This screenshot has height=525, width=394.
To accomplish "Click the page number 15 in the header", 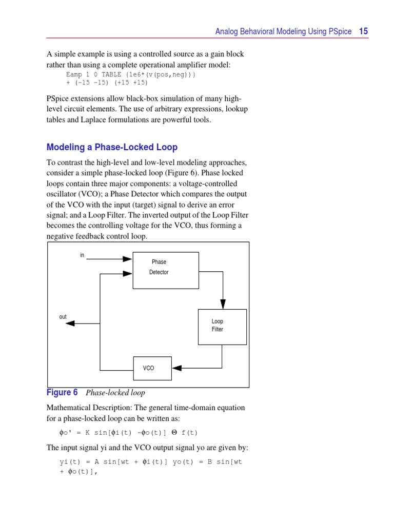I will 363,31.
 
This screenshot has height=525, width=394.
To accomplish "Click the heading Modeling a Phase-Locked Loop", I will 112,147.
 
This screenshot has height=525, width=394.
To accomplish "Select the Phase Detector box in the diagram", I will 166,270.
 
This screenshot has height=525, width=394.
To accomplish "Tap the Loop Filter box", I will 222,327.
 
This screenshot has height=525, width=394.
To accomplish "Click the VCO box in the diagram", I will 152,368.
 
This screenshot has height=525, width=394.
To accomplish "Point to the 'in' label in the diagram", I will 82,255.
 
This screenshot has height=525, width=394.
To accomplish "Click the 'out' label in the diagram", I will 63,317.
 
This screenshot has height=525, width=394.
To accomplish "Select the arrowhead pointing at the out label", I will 71,323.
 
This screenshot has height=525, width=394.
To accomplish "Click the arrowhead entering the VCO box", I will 176,368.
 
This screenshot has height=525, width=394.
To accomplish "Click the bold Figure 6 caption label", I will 62,392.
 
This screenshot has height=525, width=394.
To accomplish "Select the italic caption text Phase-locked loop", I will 115,393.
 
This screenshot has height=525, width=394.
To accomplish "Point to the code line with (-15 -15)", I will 107,82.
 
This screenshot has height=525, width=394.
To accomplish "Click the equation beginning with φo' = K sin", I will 128,432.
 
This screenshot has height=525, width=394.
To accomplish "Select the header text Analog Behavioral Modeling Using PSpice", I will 283,32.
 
